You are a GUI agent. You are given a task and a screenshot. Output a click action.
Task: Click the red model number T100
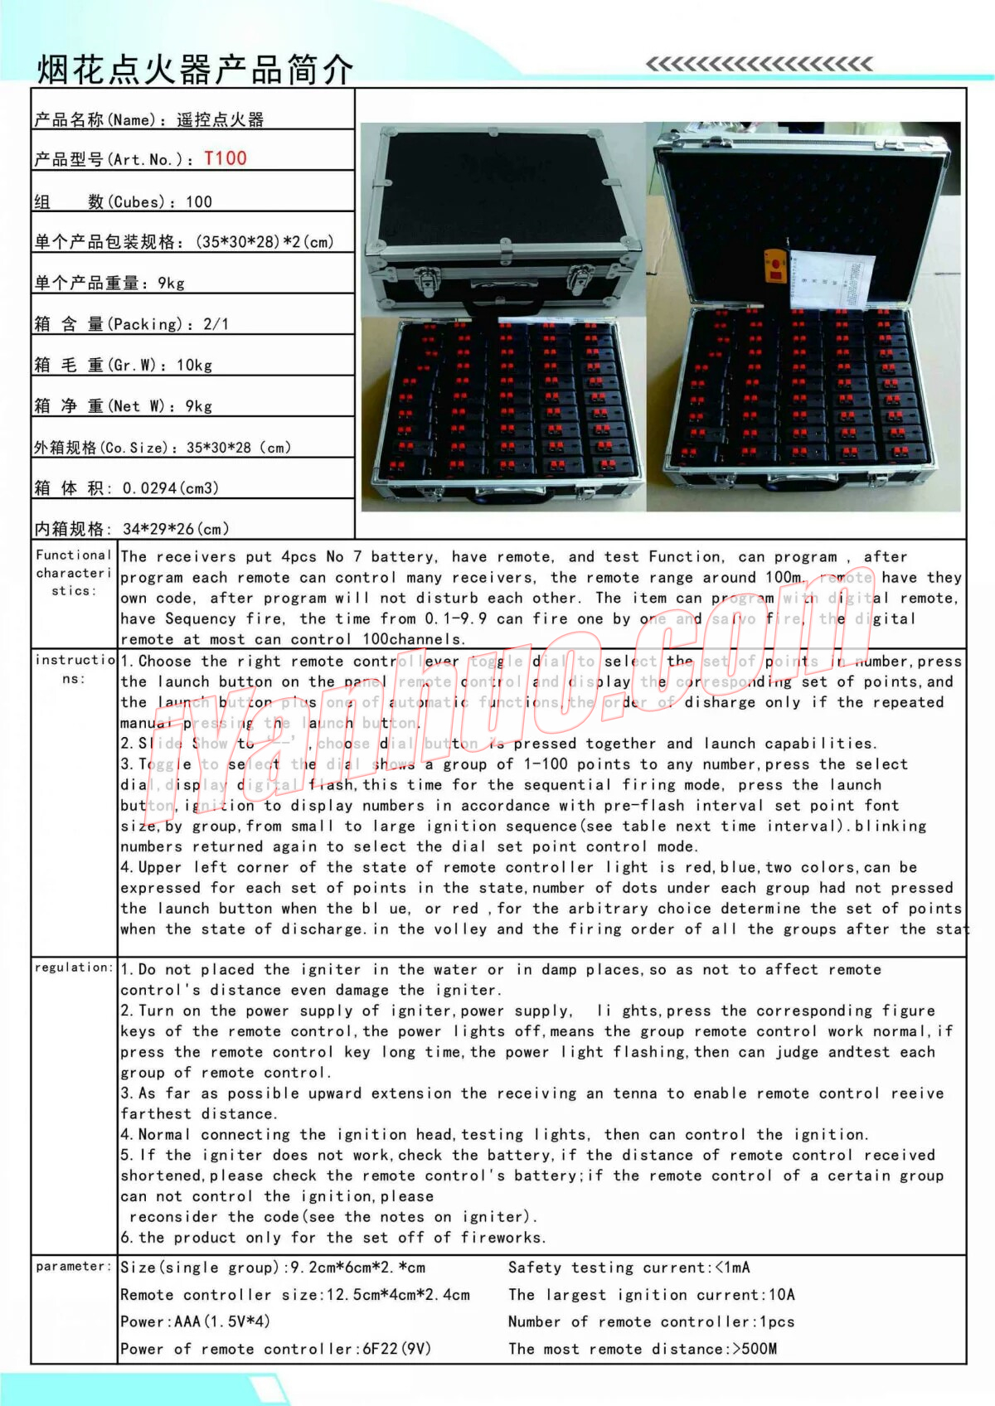pyautogui.click(x=226, y=158)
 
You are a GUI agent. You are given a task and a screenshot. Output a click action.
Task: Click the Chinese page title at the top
pyautogui.click(x=195, y=70)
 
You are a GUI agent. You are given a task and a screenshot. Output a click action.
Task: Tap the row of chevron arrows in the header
pyautogui.click(x=759, y=64)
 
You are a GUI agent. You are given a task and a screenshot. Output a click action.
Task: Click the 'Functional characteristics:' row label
pyautogui.click(x=73, y=572)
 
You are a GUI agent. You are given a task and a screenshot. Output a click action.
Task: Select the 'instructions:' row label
pyautogui.click(x=73, y=669)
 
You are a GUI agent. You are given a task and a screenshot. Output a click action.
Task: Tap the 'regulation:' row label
pyautogui.click(x=73, y=967)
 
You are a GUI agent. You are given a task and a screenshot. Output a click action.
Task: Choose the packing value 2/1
pyautogui.click(x=216, y=324)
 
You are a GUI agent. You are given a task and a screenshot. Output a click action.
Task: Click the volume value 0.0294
pyautogui.click(x=149, y=488)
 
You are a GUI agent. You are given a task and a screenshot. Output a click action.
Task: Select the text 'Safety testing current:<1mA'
pyautogui.click(x=629, y=1268)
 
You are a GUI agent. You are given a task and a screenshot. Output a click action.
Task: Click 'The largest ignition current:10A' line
pyautogui.click(x=651, y=1295)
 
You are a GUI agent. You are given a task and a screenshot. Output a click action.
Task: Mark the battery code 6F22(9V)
pyautogui.click(x=396, y=1349)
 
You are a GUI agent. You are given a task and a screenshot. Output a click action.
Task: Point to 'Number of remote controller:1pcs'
pyautogui.click(x=651, y=1321)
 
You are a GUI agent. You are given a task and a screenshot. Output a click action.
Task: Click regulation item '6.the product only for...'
pyautogui.click(x=332, y=1238)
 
